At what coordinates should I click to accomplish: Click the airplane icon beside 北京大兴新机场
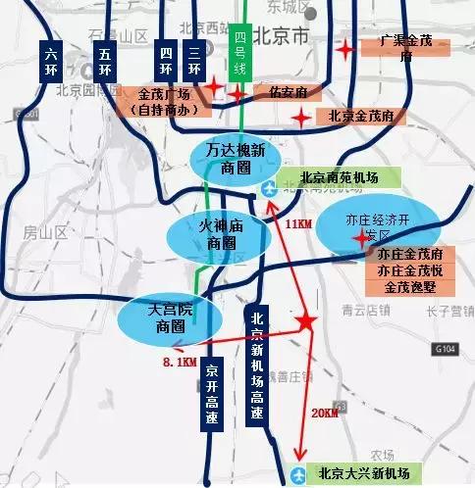click(x=299, y=474)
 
